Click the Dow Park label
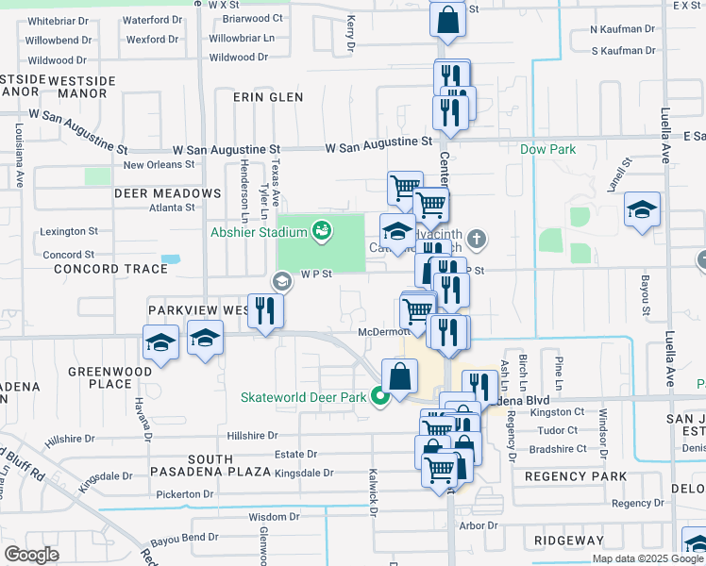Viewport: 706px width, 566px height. [x=547, y=149]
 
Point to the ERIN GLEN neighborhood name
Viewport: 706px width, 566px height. [x=271, y=97]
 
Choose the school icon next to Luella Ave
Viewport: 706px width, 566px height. [x=642, y=209]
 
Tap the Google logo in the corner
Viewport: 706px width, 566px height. [x=31, y=555]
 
